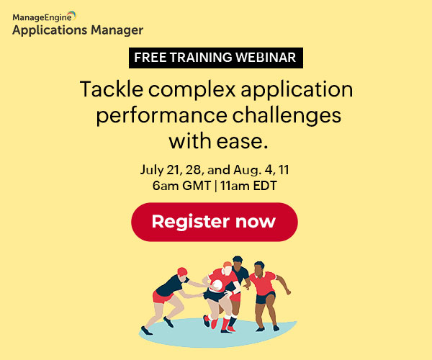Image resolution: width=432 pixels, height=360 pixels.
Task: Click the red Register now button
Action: (x=215, y=222)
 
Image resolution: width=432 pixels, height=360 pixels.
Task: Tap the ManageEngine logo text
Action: (x=42, y=17)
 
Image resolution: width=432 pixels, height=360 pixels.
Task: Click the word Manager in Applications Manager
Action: (x=117, y=30)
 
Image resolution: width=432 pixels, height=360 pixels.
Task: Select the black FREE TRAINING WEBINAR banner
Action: (x=216, y=58)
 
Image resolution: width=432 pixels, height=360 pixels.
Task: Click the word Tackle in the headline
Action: (x=112, y=89)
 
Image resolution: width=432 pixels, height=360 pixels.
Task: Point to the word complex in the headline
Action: (x=192, y=90)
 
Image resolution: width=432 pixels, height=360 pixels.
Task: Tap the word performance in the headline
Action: (x=162, y=116)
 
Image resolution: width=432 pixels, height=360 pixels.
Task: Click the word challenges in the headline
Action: (x=287, y=115)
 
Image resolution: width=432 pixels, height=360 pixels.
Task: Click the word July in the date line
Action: (x=152, y=170)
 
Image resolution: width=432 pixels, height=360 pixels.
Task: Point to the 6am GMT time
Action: (x=181, y=186)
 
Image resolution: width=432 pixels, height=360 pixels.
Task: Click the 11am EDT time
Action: (x=248, y=186)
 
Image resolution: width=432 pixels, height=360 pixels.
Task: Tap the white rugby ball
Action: (x=217, y=285)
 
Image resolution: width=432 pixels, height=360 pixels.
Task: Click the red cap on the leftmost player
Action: (x=182, y=271)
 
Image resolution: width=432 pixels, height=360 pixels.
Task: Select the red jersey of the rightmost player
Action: (x=263, y=283)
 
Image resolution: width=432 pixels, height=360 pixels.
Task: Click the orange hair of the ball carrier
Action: (x=228, y=264)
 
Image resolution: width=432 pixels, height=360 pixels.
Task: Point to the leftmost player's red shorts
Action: (x=162, y=297)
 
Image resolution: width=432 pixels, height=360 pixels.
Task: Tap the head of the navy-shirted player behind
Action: (x=237, y=261)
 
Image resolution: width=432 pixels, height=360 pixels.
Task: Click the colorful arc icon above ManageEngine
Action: (x=72, y=14)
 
